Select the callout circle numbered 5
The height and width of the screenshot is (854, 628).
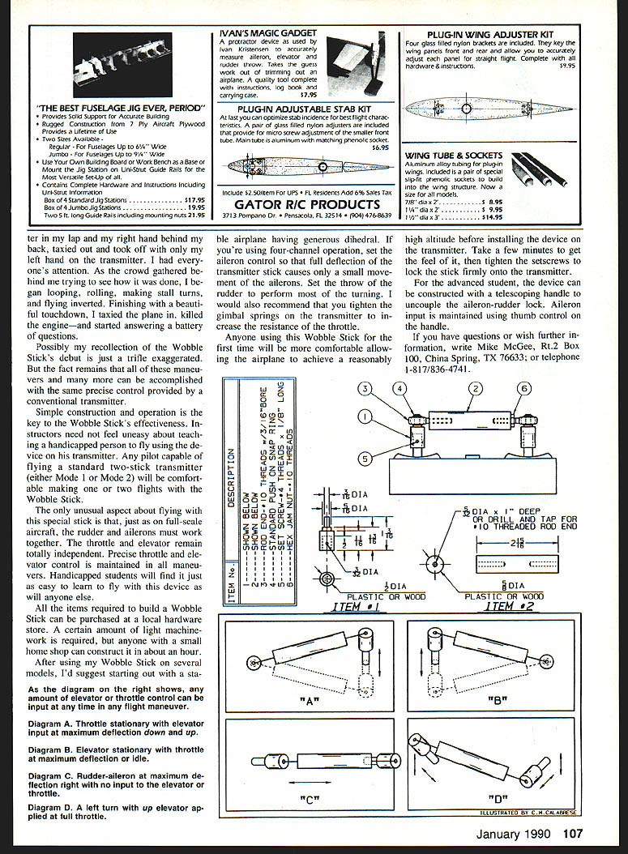coord(366,459)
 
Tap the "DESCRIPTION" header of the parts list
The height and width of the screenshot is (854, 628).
coord(230,479)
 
